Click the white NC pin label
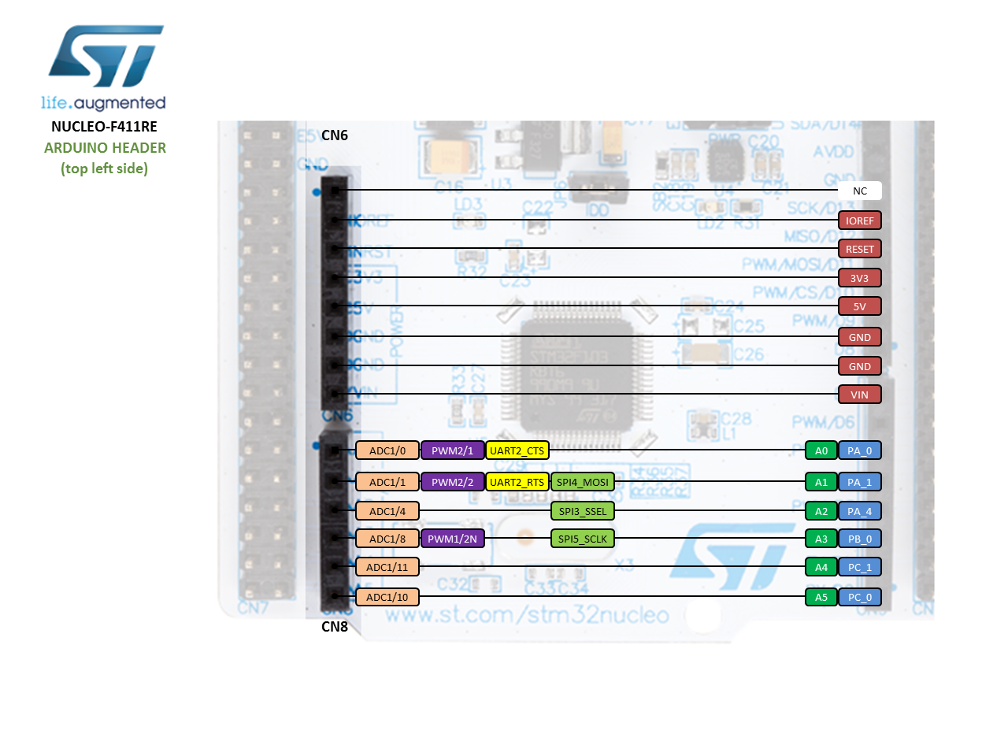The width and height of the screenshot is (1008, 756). tap(859, 191)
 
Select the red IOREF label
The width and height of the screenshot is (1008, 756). tap(859, 220)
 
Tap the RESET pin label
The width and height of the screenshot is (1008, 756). tap(859, 249)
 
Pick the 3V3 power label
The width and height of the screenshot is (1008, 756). tap(859, 278)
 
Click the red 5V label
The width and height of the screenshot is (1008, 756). tap(859, 306)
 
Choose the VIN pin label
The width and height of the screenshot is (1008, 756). tap(859, 395)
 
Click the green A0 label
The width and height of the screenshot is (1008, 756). tap(821, 450)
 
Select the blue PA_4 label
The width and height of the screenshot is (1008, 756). tap(859, 511)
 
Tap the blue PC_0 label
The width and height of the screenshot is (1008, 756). tap(859, 597)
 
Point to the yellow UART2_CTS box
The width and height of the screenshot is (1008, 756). tap(517, 450)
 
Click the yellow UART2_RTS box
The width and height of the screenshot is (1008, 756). tap(517, 482)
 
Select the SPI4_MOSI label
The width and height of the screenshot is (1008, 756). tap(582, 482)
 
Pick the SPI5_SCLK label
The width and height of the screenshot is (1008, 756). tap(582, 539)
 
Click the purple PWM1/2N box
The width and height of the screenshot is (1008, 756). tap(452, 539)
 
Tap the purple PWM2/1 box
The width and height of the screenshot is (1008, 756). tap(452, 450)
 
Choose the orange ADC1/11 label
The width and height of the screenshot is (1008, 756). tap(387, 567)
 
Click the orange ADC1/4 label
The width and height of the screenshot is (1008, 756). tap(387, 511)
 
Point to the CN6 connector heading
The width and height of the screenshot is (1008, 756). tap(335, 135)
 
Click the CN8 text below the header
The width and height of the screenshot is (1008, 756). tap(335, 627)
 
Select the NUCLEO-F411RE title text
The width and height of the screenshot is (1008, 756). tap(104, 127)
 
